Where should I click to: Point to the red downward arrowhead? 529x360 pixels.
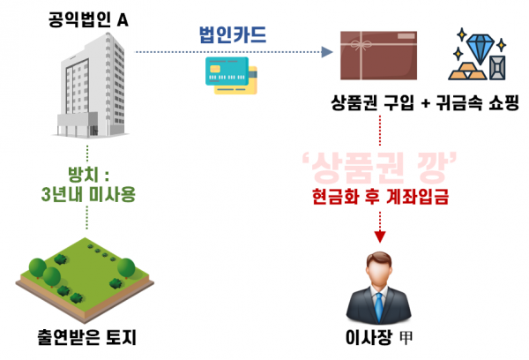point(381,236)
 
